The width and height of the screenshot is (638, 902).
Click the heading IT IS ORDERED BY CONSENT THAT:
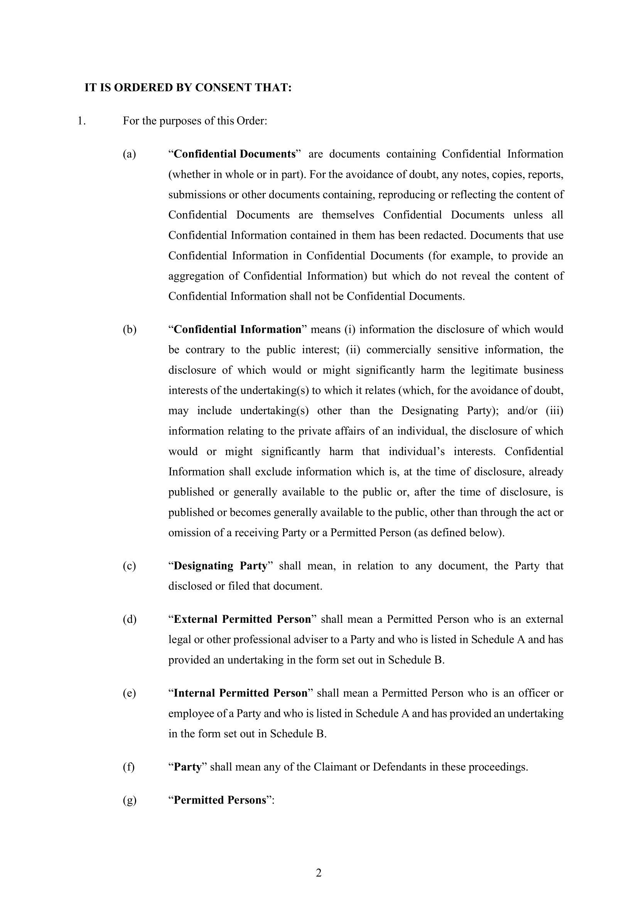point(188,88)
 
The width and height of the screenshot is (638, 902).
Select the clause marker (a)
point(129,154)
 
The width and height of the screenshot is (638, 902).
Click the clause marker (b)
point(129,329)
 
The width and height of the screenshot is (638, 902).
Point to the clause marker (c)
point(129,566)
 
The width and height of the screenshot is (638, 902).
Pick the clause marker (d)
point(129,619)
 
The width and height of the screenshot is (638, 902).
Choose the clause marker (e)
point(129,693)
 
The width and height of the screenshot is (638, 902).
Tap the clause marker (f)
point(128,767)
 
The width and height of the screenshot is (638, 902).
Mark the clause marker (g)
point(129,800)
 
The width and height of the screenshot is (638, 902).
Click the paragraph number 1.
point(81,121)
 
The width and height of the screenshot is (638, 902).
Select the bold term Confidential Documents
point(234,154)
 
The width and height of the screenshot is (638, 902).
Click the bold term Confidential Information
point(237,329)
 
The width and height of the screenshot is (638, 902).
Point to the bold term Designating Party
point(220,566)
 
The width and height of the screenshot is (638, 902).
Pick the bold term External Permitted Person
point(242,619)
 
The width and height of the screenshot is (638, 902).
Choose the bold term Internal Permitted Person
point(240,693)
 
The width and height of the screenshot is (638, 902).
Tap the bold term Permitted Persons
point(219,800)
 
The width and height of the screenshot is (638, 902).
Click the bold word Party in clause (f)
point(187,767)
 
